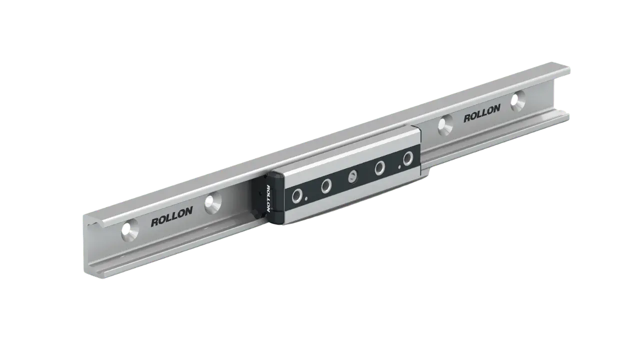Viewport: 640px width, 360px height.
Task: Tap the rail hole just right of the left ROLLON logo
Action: coord(213,203)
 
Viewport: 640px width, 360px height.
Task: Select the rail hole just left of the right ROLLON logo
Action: coord(445,124)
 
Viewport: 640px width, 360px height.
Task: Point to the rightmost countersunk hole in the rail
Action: coord(518,101)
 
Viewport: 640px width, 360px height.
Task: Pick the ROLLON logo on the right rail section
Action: coord(482,113)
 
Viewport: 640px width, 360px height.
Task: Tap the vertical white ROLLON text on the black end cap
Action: coord(268,198)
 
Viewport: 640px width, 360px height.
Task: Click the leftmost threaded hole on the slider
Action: coord(297,195)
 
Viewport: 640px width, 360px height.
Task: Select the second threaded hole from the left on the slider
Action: coord(326,186)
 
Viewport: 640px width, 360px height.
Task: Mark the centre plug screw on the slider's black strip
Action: coord(353,177)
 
